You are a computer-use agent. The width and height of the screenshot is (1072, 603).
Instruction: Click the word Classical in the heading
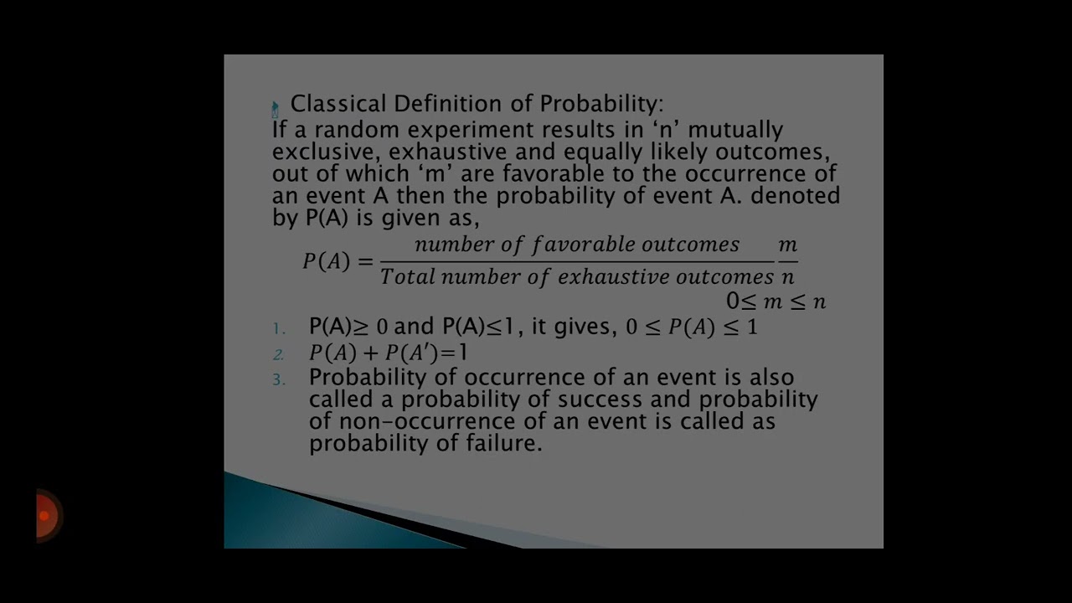[338, 104]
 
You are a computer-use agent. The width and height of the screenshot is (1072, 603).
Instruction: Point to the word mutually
[735, 130]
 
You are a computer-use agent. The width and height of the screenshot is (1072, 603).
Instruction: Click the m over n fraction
[787, 261]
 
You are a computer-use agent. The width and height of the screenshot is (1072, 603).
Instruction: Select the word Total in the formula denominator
[407, 277]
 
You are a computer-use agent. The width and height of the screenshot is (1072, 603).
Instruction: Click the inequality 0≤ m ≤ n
[776, 301]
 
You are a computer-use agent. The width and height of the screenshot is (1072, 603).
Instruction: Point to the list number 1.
[279, 328]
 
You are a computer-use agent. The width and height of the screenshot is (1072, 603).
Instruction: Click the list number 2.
[279, 354]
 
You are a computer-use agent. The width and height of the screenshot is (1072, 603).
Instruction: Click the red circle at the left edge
[47, 515]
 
